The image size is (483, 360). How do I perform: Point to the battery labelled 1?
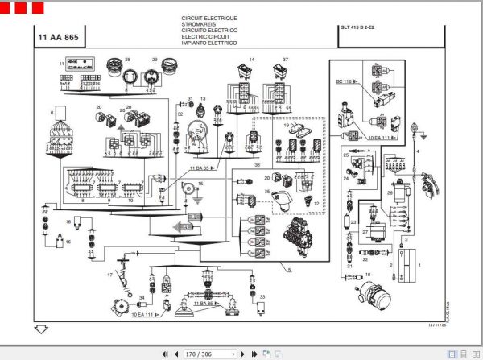tap(411, 261)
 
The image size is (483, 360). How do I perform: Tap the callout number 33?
tap(262, 298)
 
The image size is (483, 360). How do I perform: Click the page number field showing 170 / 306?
tap(209, 353)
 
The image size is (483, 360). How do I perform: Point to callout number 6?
tap(53, 112)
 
